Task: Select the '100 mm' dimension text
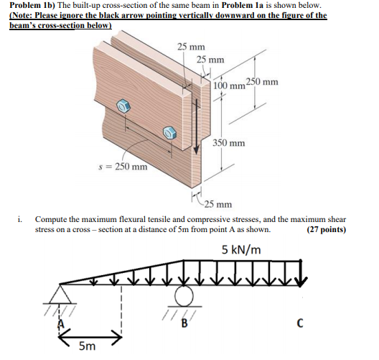point(229,86)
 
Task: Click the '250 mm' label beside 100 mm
point(262,81)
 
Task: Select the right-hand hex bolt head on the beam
point(169,132)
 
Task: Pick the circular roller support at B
point(184,297)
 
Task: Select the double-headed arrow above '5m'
point(90,335)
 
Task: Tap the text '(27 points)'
point(325,230)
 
